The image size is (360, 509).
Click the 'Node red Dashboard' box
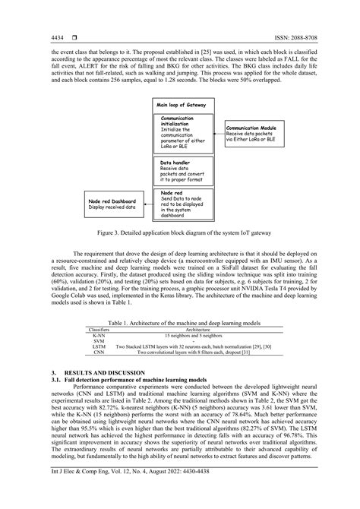112,203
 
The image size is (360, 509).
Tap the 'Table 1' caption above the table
179,323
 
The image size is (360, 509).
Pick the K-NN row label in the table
99,335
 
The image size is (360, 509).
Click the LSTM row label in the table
99,346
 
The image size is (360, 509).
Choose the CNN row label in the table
99,353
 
